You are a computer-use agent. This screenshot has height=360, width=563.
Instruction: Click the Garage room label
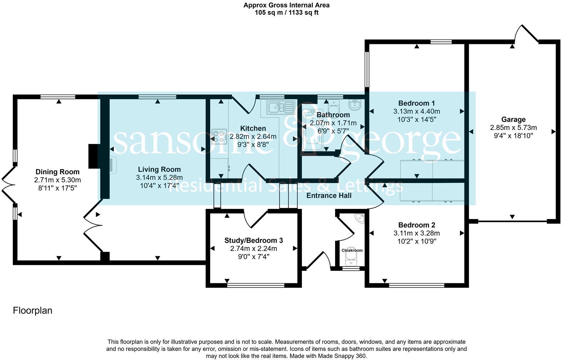pos(513,120)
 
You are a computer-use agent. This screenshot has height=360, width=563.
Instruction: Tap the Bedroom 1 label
pos(417,104)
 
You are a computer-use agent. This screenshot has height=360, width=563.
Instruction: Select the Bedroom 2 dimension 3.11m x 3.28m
pos(417,233)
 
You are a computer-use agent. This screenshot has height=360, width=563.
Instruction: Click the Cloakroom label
pos(352,250)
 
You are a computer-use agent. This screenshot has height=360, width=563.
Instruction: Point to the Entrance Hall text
pos(329,195)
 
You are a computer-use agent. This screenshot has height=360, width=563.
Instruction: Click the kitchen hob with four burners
pos(219,136)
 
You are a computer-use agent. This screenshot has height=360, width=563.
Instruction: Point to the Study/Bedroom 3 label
pos(254,240)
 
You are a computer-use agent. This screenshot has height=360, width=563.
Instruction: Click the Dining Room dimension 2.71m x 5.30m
pos(58,180)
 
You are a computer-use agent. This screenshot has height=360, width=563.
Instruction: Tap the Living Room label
pos(159,170)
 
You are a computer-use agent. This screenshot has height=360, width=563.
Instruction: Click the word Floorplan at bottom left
pos(33,311)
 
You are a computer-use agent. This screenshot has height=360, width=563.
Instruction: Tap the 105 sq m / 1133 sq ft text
pos(286,12)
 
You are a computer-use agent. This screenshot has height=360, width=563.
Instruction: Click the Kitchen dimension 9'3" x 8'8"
pos(253,144)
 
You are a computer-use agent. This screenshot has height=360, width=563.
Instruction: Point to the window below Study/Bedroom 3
pos(256,285)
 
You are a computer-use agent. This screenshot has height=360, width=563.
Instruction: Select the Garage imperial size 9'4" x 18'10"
pos(513,136)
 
